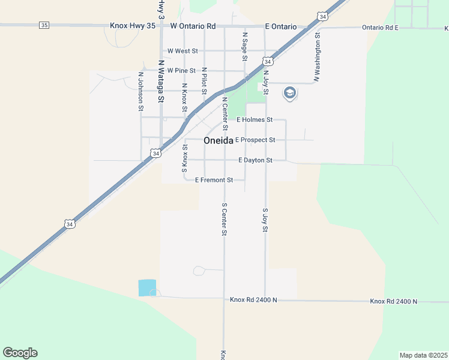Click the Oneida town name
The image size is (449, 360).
tap(218, 141)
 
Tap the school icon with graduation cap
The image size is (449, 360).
tap(290, 92)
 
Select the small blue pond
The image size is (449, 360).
tap(147, 287)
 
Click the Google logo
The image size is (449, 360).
tap(20, 353)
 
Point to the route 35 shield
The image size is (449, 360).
tap(44, 25)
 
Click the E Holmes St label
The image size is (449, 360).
tap(255, 120)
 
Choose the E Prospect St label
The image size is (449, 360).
tap(255, 140)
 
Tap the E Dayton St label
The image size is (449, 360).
tap(255, 160)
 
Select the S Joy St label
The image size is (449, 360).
tap(265, 221)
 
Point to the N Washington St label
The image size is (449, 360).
tap(316, 58)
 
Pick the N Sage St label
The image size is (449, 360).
tap(245, 46)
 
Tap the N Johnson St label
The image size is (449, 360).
tap(141, 92)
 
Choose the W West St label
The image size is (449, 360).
tap(182, 51)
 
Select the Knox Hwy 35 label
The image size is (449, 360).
tap(133, 26)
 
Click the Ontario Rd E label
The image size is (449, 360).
tap(381, 28)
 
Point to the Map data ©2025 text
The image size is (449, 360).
tap(424, 355)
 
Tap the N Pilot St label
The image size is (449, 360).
tap(204, 81)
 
